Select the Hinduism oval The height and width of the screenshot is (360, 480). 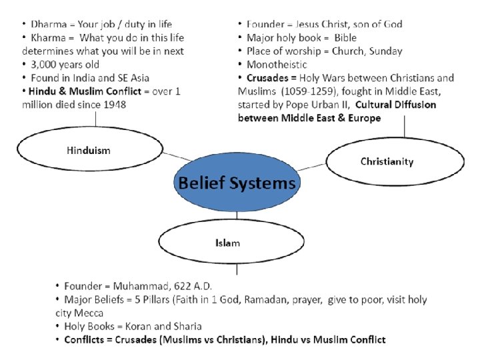click(x=88, y=151)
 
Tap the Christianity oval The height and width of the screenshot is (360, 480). click(x=395, y=161)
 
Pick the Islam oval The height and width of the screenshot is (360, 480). click(x=228, y=242)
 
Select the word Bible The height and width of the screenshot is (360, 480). click(x=346, y=38)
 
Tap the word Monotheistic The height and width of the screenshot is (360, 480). click(x=277, y=65)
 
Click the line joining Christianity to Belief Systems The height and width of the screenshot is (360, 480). click(x=312, y=166)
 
